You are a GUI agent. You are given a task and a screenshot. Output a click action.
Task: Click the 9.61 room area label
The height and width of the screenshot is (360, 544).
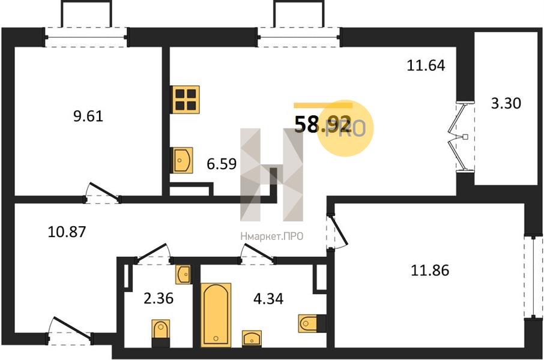point(88,116)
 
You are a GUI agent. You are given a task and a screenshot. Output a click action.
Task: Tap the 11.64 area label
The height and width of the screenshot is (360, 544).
point(426,65)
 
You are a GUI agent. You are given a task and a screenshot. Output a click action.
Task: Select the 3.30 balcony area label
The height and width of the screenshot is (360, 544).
point(506,103)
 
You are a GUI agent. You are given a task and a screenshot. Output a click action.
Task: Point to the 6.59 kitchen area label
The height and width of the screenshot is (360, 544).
point(222,164)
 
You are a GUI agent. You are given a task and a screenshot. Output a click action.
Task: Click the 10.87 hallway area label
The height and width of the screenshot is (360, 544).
point(67,232)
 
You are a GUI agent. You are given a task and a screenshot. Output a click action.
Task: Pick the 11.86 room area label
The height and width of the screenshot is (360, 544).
point(430,270)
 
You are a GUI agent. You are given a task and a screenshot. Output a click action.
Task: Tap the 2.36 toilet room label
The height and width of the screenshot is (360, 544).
point(159,298)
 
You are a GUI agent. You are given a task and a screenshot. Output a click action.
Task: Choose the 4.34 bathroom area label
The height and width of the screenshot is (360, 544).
point(268,298)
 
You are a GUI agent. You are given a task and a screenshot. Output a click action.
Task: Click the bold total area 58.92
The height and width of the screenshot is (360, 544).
point(323,125)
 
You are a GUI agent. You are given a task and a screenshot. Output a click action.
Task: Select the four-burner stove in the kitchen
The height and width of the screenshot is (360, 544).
point(186,100)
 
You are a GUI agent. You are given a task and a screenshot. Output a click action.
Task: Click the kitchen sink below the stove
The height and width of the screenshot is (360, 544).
point(182,160)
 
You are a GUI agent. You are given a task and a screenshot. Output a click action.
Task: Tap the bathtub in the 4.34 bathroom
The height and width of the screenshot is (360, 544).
point(216,314)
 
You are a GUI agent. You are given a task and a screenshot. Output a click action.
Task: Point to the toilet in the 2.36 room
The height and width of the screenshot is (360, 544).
point(161,332)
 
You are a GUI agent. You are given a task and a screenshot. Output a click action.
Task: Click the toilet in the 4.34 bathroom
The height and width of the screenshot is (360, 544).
point(312,323)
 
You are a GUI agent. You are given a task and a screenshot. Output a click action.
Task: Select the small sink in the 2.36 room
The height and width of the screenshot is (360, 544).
point(183,275)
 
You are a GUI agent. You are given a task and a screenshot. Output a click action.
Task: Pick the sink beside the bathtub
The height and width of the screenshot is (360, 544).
point(252,338)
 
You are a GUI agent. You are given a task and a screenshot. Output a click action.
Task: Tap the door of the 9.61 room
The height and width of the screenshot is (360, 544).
point(103,193)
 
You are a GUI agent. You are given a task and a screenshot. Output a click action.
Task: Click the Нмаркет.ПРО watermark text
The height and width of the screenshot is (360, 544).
point(271,236)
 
